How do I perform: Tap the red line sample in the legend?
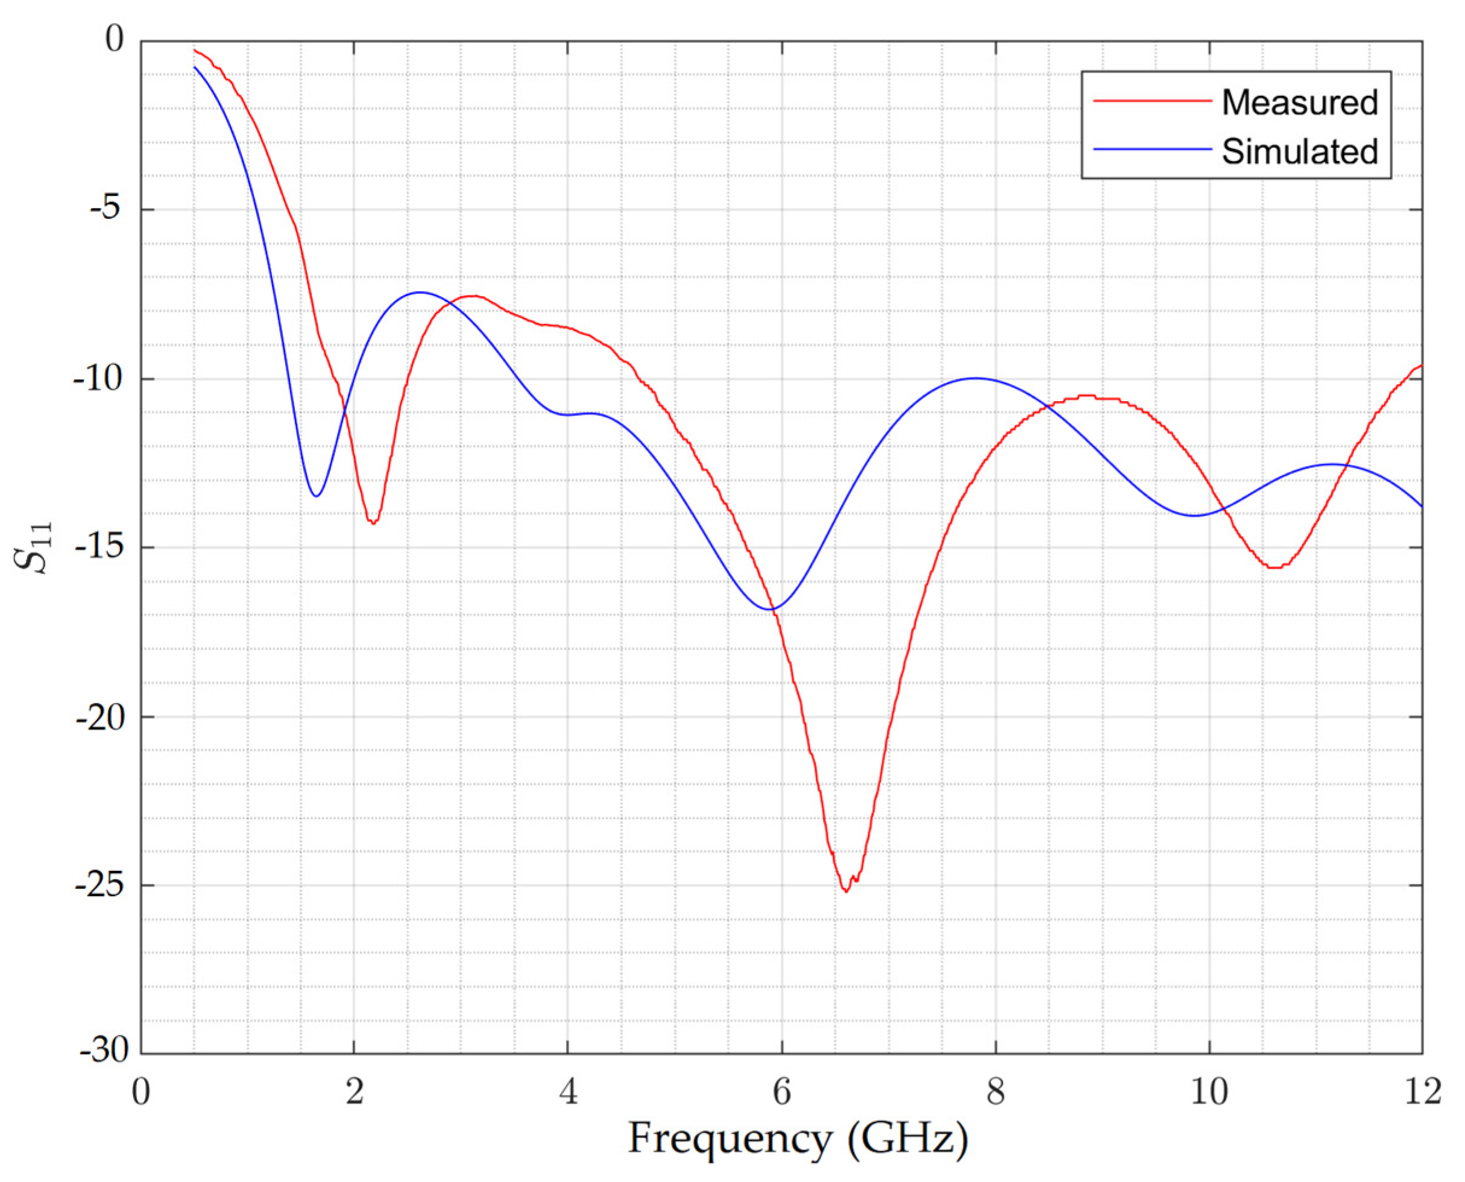(1153, 101)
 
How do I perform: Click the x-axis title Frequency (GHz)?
(797, 1138)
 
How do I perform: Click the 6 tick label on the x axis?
(781, 1092)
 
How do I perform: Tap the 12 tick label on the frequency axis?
(1422, 1092)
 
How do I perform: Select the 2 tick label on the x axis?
(354, 1092)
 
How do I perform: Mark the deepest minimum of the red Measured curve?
(845, 891)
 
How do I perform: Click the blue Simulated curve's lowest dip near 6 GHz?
(771, 608)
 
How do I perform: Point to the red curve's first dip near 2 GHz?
(373, 523)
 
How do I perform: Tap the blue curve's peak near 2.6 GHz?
(420, 292)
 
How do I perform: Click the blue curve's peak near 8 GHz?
(975, 378)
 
